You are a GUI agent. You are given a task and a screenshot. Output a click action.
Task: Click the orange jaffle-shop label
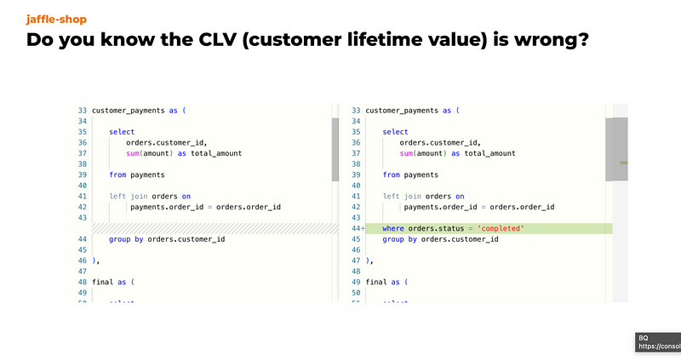(x=56, y=19)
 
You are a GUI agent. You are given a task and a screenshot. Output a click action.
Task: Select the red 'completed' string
(x=501, y=228)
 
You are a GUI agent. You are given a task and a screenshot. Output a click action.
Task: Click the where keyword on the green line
(x=392, y=228)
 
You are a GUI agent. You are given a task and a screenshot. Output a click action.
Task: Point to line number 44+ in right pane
(x=355, y=228)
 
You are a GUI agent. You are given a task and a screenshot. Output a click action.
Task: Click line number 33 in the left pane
(x=82, y=111)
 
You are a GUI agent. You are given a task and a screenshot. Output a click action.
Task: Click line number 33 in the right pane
(x=355, y=111)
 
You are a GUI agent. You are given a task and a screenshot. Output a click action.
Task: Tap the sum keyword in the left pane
(x=134, y=153)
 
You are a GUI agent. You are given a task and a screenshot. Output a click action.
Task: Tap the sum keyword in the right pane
(x=407, y=153)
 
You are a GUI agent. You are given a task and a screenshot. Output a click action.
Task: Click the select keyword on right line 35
(x=395, y=132)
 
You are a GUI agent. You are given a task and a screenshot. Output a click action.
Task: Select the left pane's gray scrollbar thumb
(x=335, y=150)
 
